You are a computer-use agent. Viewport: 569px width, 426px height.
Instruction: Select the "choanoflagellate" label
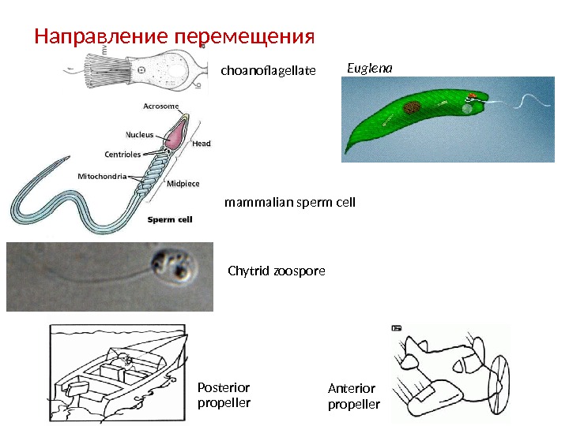tap(268, 72)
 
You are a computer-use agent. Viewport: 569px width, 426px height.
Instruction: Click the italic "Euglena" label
tap(370, 69)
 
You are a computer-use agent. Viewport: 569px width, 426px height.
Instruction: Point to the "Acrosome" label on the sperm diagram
tap(160, 106)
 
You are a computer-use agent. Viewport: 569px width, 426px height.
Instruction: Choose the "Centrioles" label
tap(122, 154)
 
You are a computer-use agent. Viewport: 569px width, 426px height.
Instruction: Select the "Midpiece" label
tap(183, 183)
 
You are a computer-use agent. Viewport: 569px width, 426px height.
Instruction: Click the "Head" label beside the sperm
tap(202, 144)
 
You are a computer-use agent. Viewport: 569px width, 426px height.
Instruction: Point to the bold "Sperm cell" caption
tap(171, 219)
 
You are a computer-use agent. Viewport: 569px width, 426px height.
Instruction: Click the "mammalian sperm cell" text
tap(290, 203)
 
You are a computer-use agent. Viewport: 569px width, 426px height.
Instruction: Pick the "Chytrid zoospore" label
tap(276, 271)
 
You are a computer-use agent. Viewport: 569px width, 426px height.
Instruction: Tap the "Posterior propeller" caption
tap(223, 395)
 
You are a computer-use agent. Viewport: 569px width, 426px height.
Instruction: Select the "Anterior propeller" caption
tap(353, 396)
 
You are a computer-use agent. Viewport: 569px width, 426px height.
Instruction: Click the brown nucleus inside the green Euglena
tap(412, 108)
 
